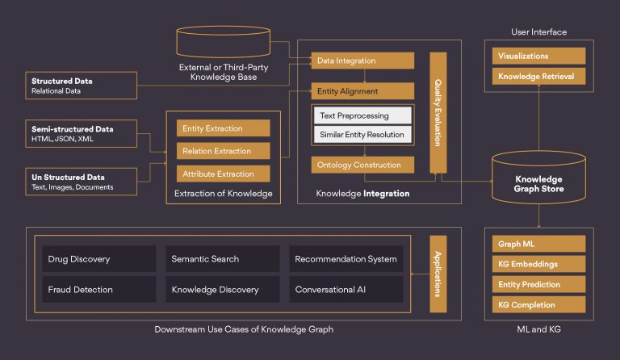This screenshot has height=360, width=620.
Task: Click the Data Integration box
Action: pos(362,61)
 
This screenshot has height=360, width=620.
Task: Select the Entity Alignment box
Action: pos(362,91)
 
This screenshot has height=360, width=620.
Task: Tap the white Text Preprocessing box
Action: pos(362,115)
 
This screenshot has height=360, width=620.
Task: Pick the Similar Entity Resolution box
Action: pos(362,134)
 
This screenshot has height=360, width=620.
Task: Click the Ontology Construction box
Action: pos(362,165)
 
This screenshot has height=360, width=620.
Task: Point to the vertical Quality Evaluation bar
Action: pos(438,113)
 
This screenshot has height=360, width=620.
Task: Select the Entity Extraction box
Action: pos(224,128)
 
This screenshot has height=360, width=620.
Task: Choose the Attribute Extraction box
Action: pos(224,174)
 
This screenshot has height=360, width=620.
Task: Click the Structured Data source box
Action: pos(82,86)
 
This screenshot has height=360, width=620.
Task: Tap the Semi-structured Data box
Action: pos(82,133)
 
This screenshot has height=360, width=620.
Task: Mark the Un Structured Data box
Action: pos(82,182)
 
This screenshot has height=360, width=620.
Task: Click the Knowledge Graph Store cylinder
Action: pos(539,177)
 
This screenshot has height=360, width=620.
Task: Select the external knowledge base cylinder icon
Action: pos(224,41)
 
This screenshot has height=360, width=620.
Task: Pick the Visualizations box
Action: pos(539,56)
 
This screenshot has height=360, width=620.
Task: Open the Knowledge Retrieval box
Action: pos(539,76)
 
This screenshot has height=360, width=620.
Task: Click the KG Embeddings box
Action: pos(539,264)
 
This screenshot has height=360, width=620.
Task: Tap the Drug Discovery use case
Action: pos(99,259)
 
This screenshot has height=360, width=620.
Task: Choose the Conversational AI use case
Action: pos(346,289)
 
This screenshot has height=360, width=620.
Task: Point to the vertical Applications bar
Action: pos(438,274)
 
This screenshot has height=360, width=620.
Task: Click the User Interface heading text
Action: pos(539,32)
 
